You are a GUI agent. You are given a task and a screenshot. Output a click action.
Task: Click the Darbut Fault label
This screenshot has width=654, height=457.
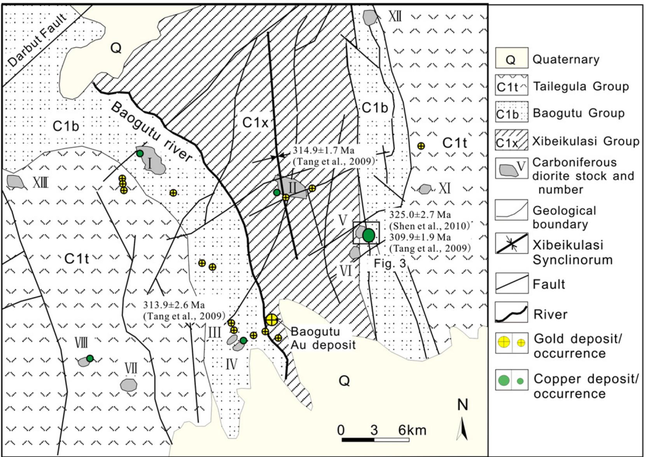coord(37,41)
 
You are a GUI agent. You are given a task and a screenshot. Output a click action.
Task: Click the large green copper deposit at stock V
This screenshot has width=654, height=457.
coord(369,235)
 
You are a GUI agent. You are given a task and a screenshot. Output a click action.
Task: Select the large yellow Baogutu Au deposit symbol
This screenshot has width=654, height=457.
coord(272,320)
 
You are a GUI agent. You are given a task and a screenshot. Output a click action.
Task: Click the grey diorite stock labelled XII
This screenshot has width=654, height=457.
coord(371,17)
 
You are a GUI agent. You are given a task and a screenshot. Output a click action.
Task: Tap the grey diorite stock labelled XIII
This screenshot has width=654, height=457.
coord(15,181)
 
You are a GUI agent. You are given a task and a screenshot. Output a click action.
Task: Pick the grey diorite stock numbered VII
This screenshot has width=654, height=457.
coord(128,385)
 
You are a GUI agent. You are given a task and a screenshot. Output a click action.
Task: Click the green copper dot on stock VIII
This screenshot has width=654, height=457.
coord(90,358)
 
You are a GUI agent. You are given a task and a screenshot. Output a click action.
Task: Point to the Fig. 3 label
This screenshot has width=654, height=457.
coord(390,263)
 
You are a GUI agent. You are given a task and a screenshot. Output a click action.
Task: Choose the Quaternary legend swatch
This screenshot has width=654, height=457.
coord(511,58)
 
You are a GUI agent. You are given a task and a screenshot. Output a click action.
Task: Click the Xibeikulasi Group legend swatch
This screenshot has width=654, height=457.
coord(511,140)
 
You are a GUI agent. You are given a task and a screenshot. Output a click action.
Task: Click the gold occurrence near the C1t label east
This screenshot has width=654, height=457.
coord(421,146)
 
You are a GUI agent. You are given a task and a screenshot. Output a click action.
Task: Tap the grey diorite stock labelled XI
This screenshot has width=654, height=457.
coord(425,189)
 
